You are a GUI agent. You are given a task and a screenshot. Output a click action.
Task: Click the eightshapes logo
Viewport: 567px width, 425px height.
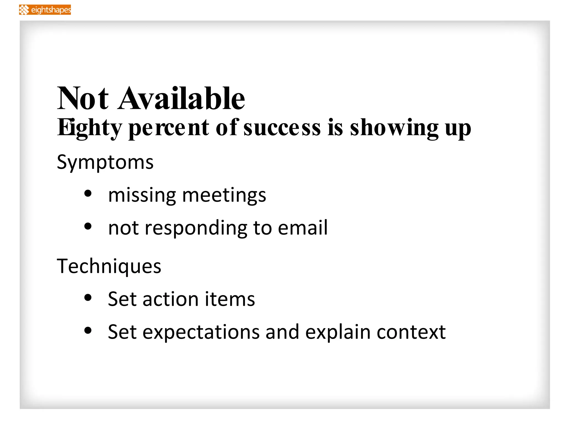(x=45, y=10)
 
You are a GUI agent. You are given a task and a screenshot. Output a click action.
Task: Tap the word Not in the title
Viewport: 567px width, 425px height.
(x=83, y=99)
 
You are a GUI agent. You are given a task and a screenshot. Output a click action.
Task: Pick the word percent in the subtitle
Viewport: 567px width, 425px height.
(x=169, y=128)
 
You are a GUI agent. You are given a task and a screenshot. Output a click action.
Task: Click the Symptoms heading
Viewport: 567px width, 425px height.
(x=105, y=162)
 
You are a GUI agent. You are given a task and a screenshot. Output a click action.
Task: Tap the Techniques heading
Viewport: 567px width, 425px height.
(x=109, y=266)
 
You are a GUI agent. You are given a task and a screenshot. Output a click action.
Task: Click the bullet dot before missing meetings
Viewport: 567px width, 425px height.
(x=88, y=194)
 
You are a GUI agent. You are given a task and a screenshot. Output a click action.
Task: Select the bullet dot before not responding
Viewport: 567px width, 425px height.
(x=88, y=226)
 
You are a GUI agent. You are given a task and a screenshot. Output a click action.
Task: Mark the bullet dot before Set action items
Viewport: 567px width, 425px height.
(x=88, y=298)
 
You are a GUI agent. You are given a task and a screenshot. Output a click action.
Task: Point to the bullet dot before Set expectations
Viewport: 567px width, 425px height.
(x=88, y=330)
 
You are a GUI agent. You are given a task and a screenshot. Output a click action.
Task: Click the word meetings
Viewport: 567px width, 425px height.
(x=224, y=195)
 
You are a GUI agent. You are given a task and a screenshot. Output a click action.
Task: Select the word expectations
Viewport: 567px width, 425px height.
(x=201, y=332)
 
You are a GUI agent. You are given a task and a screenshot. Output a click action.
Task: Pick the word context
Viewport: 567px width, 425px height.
(x=411, y=332)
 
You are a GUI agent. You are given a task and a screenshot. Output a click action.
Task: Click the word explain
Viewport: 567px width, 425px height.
(x=338, y=332)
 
